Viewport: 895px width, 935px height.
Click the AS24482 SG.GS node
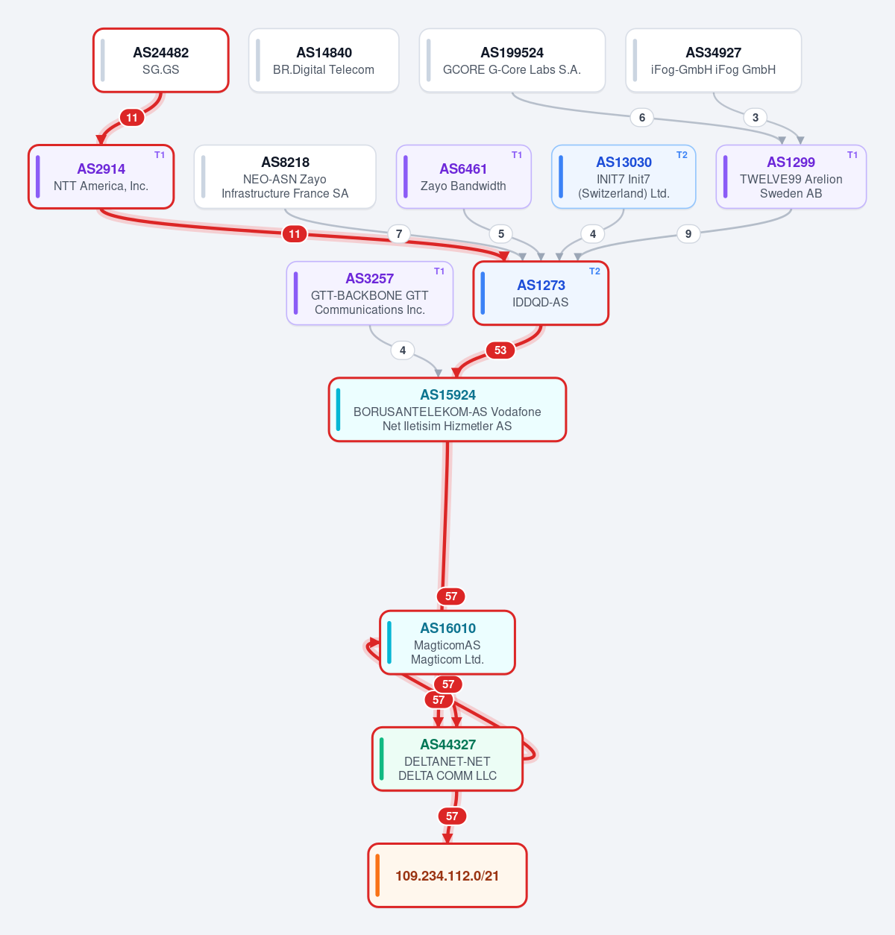[160, 60]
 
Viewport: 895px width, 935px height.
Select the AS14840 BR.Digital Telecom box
[324, 60]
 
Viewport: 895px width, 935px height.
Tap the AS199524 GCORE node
[512, 60]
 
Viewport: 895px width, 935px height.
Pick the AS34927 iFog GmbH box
[713, 60]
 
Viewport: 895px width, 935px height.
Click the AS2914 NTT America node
[101, 177]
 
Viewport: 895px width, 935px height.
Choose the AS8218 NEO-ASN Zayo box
[285, 177]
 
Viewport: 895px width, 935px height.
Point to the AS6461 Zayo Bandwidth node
[463, 177]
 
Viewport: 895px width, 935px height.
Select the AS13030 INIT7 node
[624, 177]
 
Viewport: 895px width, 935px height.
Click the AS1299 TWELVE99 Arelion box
[791, 177]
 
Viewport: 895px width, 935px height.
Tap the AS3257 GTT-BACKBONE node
[370, 293]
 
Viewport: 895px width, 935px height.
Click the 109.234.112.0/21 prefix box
[447, 875]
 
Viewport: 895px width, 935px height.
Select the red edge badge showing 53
[500, 350]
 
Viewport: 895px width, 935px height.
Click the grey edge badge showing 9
[688, 234]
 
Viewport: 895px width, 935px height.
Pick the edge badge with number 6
[641, 118]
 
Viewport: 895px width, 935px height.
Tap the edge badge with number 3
[755, 118]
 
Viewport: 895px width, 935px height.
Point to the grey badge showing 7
[399, 234]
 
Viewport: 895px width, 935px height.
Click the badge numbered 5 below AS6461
[501, 234]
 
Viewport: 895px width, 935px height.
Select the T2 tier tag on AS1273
[594, 271]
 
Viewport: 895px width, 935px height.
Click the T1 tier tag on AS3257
[439, 271]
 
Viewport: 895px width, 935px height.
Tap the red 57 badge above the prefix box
[452, 816]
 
